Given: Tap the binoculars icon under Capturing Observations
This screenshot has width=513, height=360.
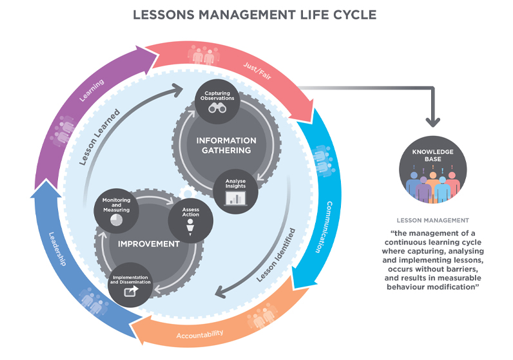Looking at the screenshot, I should click(217, 108).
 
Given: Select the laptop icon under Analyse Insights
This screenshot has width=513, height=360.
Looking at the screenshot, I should click(235, 198).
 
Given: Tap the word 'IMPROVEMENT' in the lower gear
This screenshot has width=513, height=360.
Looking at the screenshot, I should click(148, 244).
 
